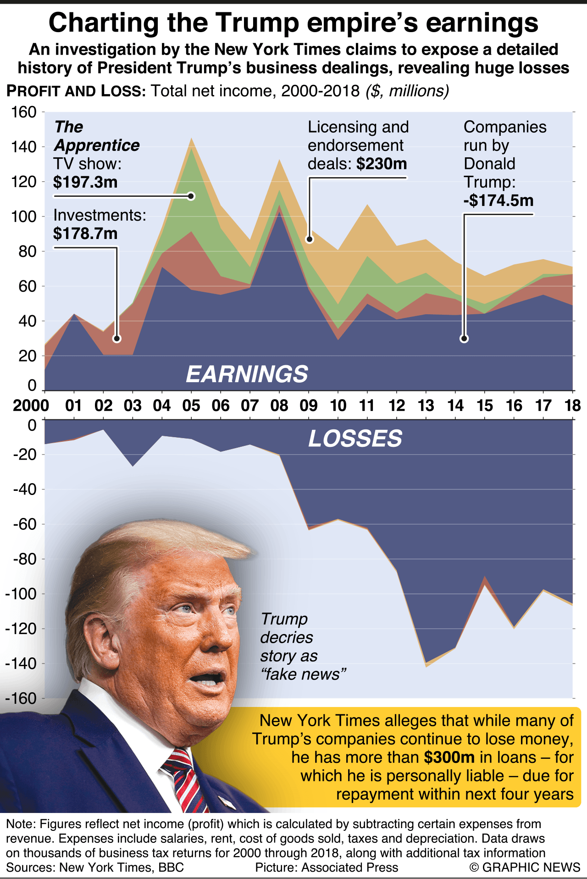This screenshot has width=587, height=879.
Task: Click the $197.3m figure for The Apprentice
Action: click(x=85, y=182)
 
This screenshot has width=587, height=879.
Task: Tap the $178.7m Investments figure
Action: click(x=85, y=234)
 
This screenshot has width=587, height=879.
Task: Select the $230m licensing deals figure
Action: click(x=382, y=164)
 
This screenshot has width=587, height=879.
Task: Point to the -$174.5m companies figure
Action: click(x=498, y=200)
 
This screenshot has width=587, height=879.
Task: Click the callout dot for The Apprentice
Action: click(x=191, y=196)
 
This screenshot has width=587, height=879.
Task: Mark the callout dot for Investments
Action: click(x=117, y=339)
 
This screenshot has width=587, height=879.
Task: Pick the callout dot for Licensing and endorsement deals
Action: click(x=310, y=239)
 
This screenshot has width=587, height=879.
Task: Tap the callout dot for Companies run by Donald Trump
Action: click(x=464, y=339)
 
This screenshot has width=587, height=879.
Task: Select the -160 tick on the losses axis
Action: click(x=21, y=698)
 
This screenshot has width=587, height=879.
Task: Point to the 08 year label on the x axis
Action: click(x=279, y=406)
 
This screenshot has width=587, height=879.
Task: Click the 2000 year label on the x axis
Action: click(x=31, y=406)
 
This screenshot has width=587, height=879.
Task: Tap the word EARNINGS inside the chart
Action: click(x=247, y=374)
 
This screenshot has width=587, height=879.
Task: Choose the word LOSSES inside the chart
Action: click(x=355, y=439)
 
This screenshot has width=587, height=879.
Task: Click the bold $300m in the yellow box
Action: click(x=449, y=757)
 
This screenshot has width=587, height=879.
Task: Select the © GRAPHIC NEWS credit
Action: click(x=525, y=867)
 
